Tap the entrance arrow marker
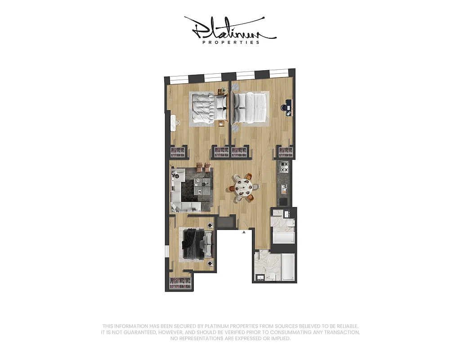(x=244, y=233)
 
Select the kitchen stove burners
(x=284, y=169)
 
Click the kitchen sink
(x=284, y=186)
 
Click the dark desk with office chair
(x=288, y=106)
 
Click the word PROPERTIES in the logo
(x=231, y=42)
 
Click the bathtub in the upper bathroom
(x=283, y=237)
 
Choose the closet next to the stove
(x=285, y=152)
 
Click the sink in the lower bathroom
(x=260, y=276)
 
